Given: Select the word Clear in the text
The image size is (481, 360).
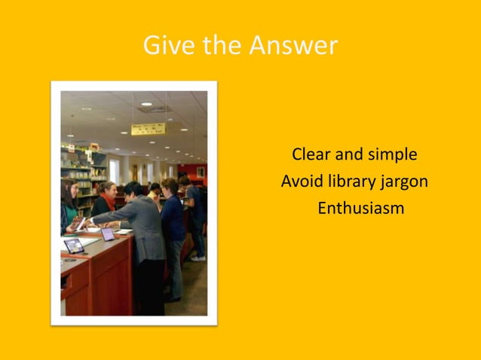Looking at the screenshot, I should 311,155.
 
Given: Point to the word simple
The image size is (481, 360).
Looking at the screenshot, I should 392,155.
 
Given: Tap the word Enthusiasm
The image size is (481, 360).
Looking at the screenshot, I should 360,208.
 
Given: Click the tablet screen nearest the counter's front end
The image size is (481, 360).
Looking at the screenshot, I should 74,246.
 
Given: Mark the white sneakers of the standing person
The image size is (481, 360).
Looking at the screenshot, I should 198,258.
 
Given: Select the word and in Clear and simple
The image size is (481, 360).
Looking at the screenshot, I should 349,155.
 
